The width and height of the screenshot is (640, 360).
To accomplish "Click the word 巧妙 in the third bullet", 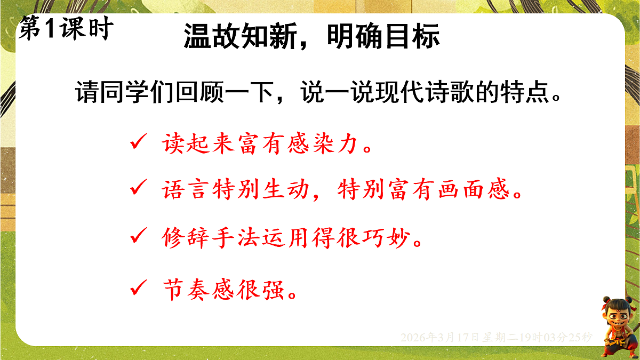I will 394,236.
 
